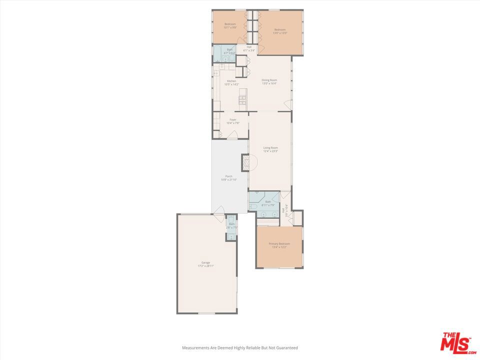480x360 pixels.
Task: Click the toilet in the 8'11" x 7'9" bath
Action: [253, 206]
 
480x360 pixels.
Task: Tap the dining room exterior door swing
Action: [287, 104]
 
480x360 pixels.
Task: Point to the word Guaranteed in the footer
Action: [287, 347]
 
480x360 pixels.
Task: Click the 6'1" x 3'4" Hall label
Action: [249, 49]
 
